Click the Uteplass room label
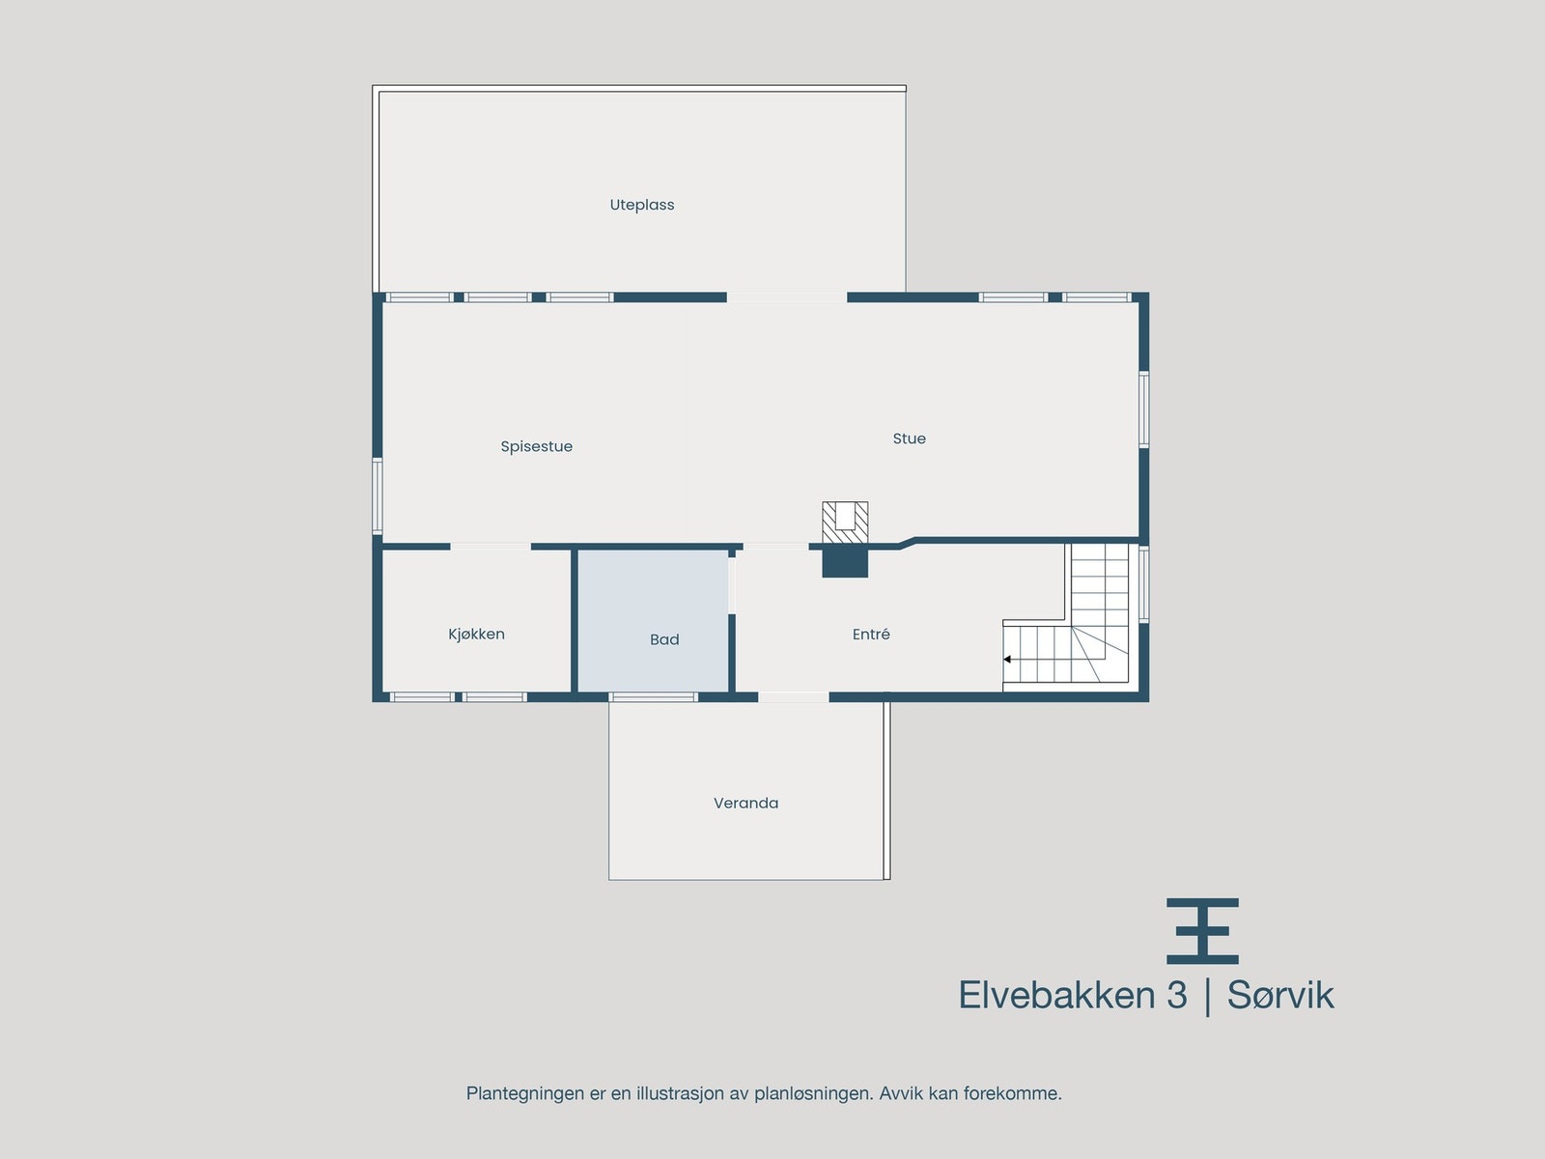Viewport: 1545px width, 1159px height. tap(642, 205)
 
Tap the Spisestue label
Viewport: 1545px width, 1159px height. tap(536, 446)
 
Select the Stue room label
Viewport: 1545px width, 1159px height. tap(909, 438)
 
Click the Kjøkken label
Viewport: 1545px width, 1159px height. tap(476, 634)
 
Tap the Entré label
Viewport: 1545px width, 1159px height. tap(871, 634)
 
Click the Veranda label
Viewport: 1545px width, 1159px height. tap(745, 803)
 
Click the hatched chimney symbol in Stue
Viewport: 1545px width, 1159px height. tap(845, 523)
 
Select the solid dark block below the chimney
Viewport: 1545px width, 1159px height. tap(845, 562)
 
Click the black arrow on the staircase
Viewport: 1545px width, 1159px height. tap(1007, 660)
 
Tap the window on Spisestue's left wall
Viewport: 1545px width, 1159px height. tap(378, 495)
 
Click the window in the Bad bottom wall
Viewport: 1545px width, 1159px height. tap(654, 696)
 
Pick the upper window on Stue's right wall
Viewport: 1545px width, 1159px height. tap(1143, 410)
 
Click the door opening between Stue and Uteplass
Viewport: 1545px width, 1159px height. tap(787, 297)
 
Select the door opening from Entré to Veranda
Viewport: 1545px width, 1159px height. tap(794, 696)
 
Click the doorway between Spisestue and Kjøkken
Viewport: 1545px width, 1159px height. tap(491, 547)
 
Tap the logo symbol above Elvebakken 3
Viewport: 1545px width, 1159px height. tap(1202, 931)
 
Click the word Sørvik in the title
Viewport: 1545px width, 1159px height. tap(1280, 996)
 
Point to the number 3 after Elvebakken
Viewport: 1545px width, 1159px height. tap(1176, 996)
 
